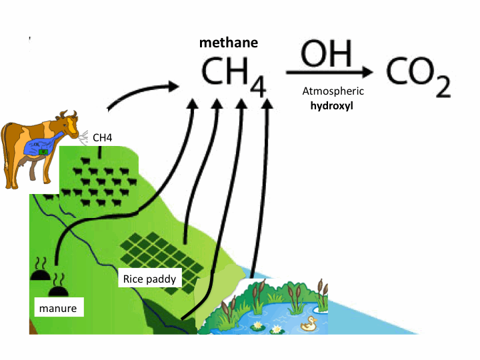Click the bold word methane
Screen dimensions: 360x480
229,43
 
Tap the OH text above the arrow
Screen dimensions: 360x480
327,53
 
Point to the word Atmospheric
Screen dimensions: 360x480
333,91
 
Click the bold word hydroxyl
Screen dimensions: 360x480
333,105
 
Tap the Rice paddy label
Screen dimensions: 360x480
149,278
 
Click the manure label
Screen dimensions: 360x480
58,308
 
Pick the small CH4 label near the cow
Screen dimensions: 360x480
102,137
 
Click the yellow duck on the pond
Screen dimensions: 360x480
308,324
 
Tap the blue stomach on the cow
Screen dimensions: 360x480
42,147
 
